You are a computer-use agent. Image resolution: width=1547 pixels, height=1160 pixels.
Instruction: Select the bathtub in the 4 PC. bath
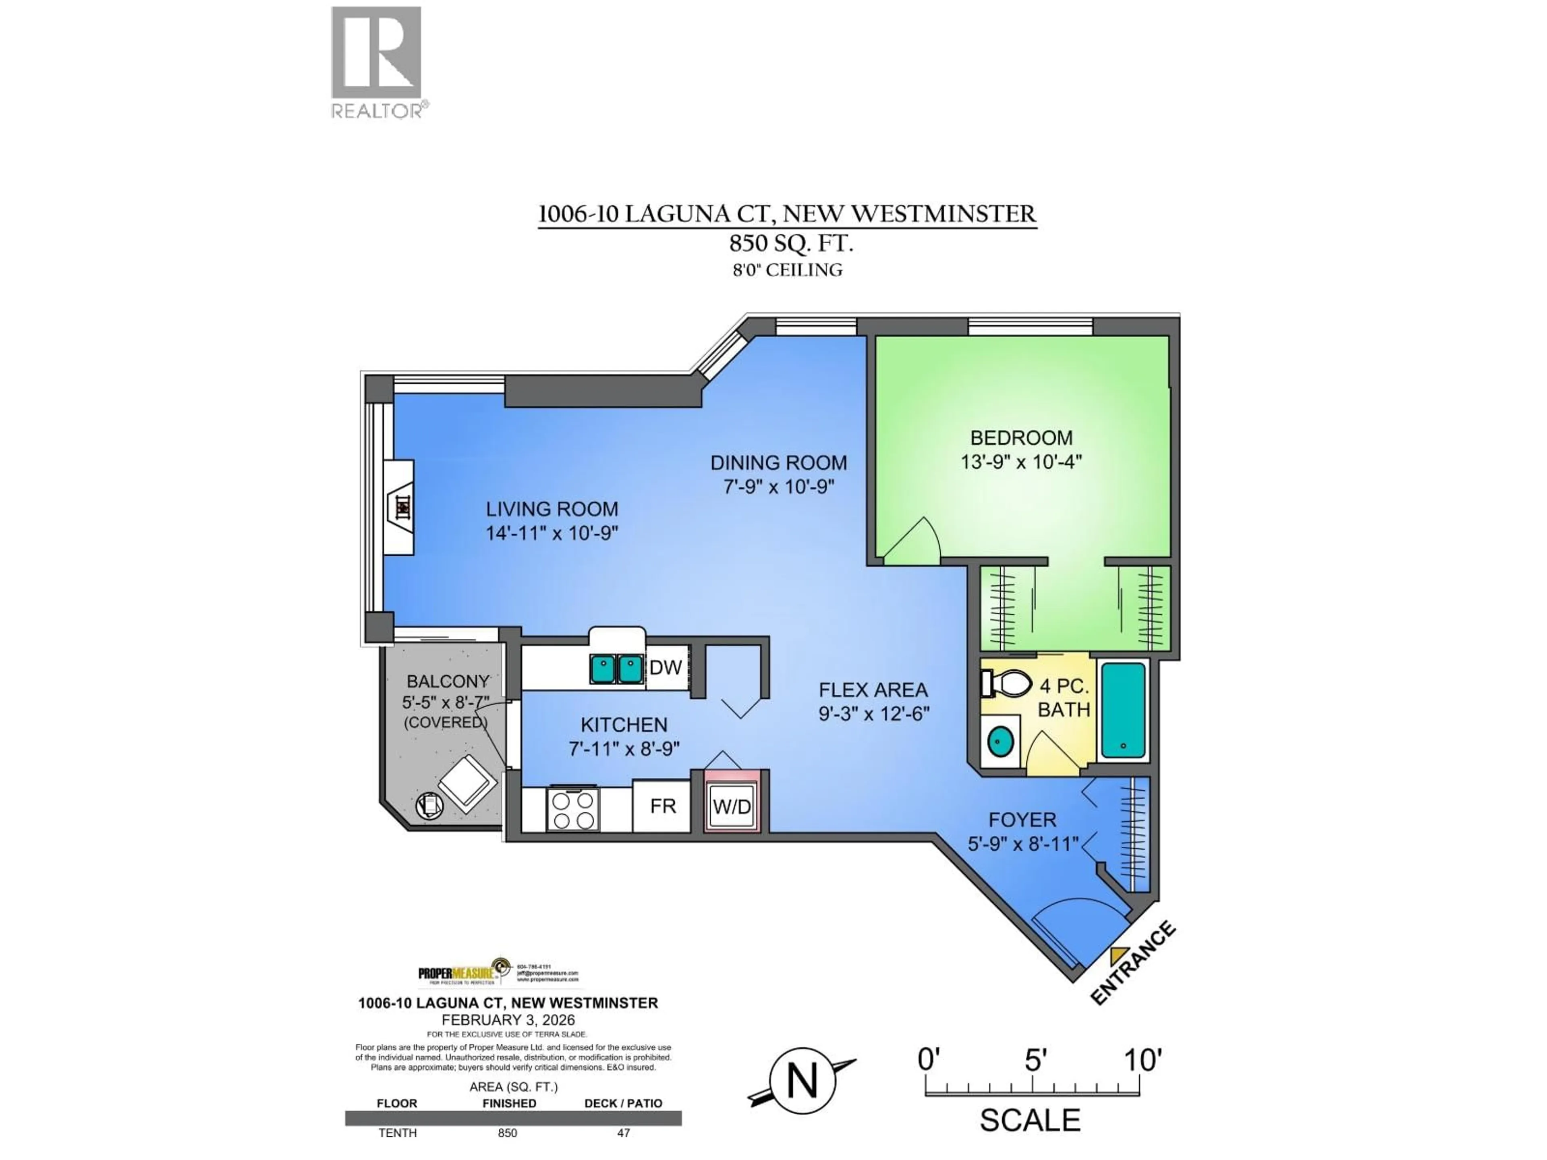pos(1123,710)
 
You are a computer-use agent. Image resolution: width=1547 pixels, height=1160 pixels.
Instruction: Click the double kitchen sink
pos(616,669)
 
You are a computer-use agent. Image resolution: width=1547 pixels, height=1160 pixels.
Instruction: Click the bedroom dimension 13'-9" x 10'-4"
pos(1021,462)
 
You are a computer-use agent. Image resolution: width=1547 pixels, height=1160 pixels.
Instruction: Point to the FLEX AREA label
pos(873,690)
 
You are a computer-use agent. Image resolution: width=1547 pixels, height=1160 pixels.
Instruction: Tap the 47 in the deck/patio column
pos(623,1133)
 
